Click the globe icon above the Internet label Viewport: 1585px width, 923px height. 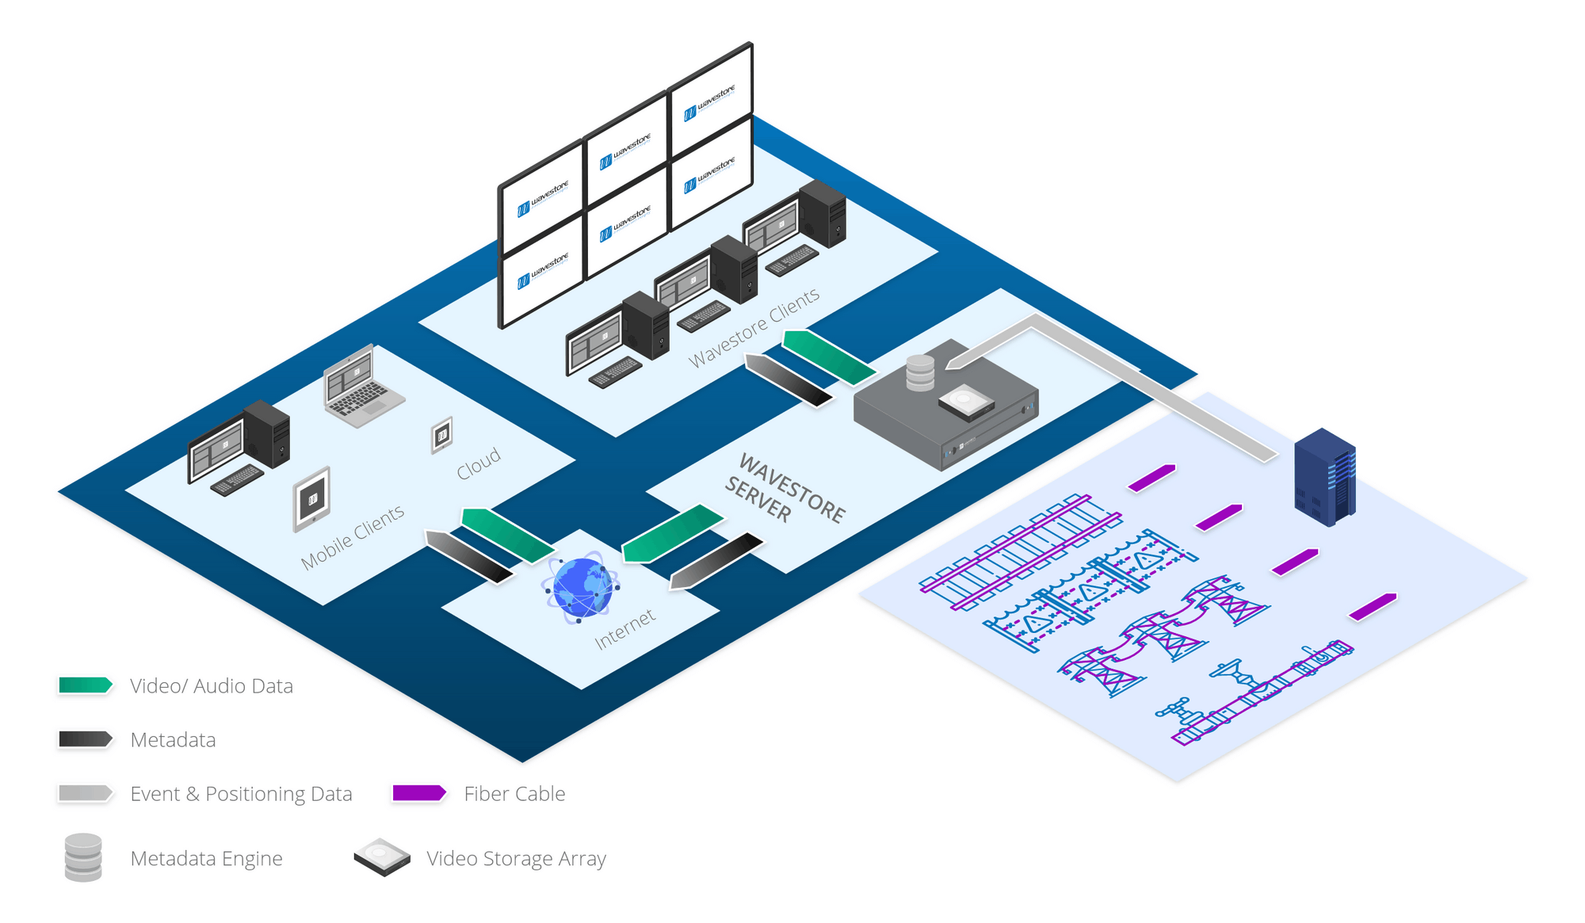pos(581,587)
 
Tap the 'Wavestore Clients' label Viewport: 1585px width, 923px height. pos(754,327)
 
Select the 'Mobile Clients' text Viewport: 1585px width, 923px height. pos(353,536)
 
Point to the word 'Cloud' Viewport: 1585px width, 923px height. pos(479,463)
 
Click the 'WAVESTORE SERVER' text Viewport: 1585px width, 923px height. pos(785,488)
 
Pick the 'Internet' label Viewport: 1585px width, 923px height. pos(625,628)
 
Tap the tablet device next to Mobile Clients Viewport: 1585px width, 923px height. pos(311,499)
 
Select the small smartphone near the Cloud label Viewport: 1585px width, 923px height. pos(441,435)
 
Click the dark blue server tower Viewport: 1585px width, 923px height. pos(1324,477)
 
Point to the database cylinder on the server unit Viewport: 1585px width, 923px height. pos(920,373)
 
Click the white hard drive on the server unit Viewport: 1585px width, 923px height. pos(966,402)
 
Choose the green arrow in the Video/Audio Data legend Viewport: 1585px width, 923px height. pos(86,685)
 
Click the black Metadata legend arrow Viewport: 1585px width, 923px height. pos(86,739)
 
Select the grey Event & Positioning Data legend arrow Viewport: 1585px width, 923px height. pos(86,793)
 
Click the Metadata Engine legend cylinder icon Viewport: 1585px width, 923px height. pos(83,857)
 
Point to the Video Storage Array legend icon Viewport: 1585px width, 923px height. pos(382,857)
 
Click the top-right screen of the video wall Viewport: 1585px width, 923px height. pos(711,101)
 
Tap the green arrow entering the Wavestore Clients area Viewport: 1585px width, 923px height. pos(829,357)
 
